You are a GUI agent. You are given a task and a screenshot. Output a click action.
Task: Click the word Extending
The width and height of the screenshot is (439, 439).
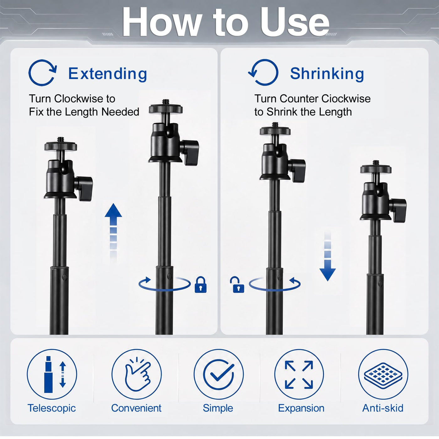tap(108, 74)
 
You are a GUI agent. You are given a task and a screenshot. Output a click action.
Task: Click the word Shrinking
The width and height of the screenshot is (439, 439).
tap(327, 74)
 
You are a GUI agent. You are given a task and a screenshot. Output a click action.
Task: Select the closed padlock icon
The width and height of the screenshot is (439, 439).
tap(200, 285)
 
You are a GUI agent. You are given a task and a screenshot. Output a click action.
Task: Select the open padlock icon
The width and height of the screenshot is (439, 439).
tap(237, 285)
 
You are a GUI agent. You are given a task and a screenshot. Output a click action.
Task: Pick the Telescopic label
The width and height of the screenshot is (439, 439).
tap(52, 408)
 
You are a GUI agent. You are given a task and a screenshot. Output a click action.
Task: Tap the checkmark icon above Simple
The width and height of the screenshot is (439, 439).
tap(219, 374)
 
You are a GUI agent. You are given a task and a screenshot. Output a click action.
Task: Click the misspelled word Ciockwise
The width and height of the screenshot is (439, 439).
tap(346, 99)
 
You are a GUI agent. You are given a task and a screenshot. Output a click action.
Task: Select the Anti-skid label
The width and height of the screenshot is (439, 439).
tap(383, 408)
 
